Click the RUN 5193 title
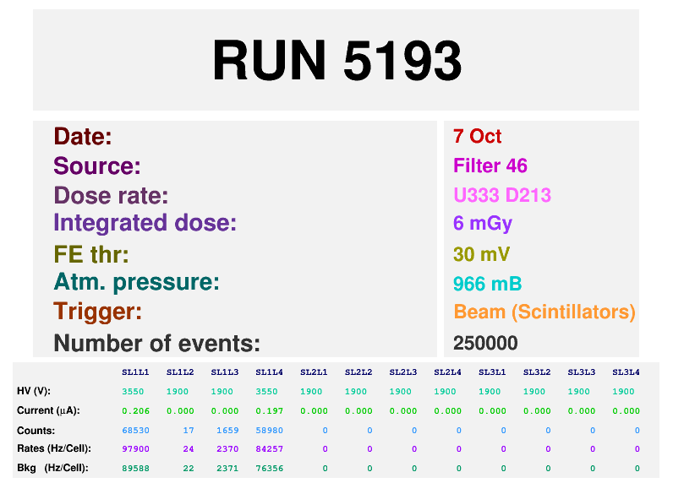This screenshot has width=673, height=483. (x=337, y=60)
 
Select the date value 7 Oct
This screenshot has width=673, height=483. (x=478, y=136)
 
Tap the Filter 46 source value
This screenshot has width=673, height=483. (x=490, y=166)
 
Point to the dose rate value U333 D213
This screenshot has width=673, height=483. (x=502, y=195)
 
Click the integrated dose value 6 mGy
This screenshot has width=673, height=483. (x=483, y=223)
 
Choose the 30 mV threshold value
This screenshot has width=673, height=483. (x=482, y=254)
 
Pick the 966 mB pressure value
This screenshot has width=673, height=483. (x=488, y=284)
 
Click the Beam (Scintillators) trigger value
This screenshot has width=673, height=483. (x=544, y=312)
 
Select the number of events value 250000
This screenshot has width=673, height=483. (x=485, y=343)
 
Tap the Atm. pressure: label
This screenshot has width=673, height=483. (x=136, y=282)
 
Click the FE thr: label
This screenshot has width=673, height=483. (x=91, y=254)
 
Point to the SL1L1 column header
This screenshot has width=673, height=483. (x=135, y=372)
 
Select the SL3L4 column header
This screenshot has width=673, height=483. (x=626, y=372)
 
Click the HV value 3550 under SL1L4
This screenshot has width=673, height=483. (x=266, y=391)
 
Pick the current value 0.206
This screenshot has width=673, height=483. (x=135, y=411)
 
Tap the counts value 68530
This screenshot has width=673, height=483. (x=135, y=431)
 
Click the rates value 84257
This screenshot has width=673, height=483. (x=270, y=449)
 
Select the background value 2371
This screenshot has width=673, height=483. (x=227, y=469)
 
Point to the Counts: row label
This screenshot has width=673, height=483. (x=36, y=431)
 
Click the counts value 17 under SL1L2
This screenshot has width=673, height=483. (x=189, y=431)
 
